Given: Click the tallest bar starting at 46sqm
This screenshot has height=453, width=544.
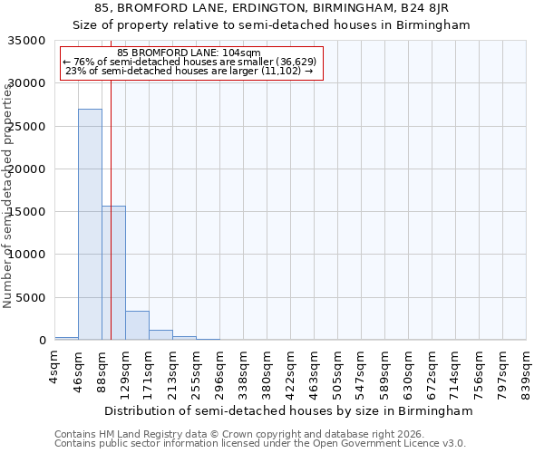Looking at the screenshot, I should pyautogui.click(x=90, y=225).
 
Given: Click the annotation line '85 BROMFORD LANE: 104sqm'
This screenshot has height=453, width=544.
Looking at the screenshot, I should pyautogui.click(x=189, y=53).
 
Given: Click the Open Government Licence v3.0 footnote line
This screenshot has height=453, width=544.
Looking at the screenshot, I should pyautogui.click(x=260, y=444).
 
